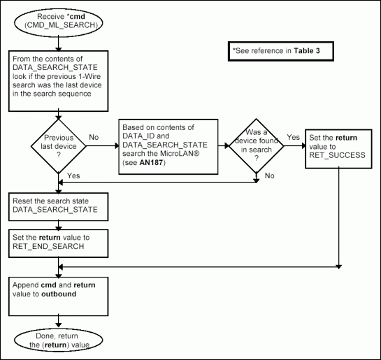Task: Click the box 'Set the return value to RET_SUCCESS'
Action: coord(338,147)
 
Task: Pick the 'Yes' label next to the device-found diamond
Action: coord(293,138)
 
